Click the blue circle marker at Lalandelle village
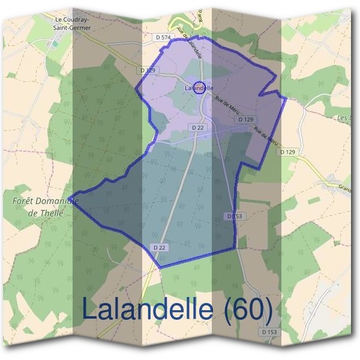[x=200, y=88]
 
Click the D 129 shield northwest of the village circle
[x=148, y=70]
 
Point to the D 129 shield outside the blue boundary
[x=287, y=152]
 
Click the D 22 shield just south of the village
[x=198, y=128]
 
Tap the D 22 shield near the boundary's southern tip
[x=158, y=247]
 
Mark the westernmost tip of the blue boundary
[x=69, y=197]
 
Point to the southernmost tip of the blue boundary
[x=159, y=268]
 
